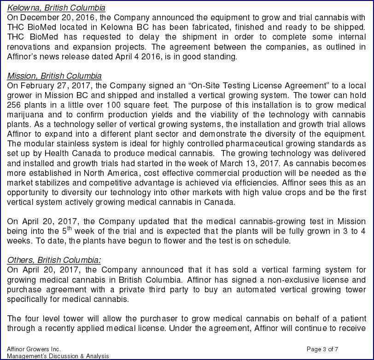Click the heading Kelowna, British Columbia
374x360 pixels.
(56, 8)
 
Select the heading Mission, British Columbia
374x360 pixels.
(54, 76)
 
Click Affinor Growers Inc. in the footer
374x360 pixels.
(34, 349)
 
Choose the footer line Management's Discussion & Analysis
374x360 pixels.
(57, 356)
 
